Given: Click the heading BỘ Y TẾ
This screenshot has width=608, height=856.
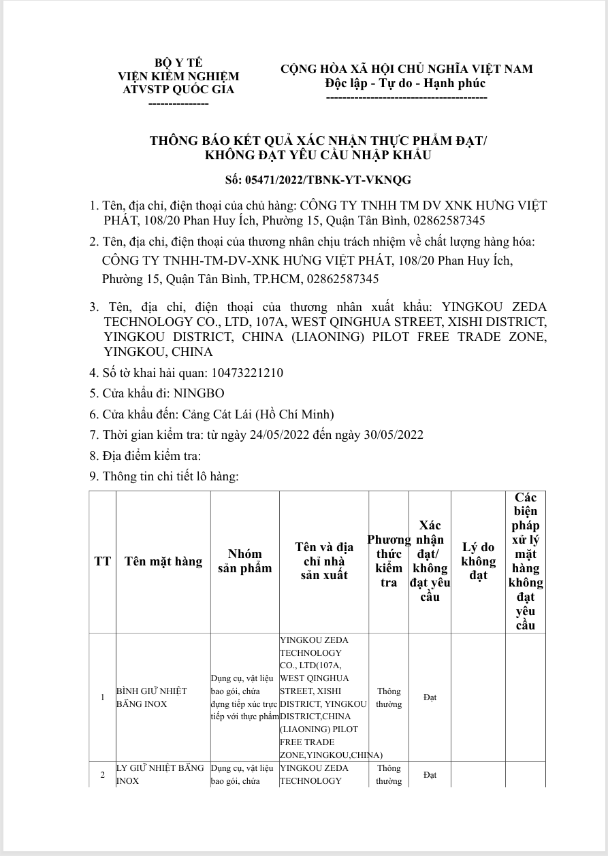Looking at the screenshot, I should point(178,63).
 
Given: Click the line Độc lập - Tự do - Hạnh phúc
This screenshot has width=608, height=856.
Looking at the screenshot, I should point(406,83).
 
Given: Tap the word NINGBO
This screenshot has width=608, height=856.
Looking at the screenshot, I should point(199,393).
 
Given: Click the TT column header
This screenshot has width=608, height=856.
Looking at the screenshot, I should point(103,561).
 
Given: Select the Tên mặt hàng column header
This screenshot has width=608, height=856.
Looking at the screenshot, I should point(163,561).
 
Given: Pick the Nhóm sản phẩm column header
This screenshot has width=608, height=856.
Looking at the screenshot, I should point(244,561).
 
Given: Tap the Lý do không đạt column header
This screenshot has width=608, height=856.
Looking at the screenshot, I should point(478,561).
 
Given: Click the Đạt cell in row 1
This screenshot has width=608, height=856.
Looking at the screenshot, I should point(430,697).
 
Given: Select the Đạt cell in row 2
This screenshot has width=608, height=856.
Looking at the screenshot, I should point(430,775).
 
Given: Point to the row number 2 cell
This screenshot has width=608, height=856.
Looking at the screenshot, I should point(103,775).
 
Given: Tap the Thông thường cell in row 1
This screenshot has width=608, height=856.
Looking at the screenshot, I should point(389,697).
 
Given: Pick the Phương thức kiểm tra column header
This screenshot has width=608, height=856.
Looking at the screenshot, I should point(389,561).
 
